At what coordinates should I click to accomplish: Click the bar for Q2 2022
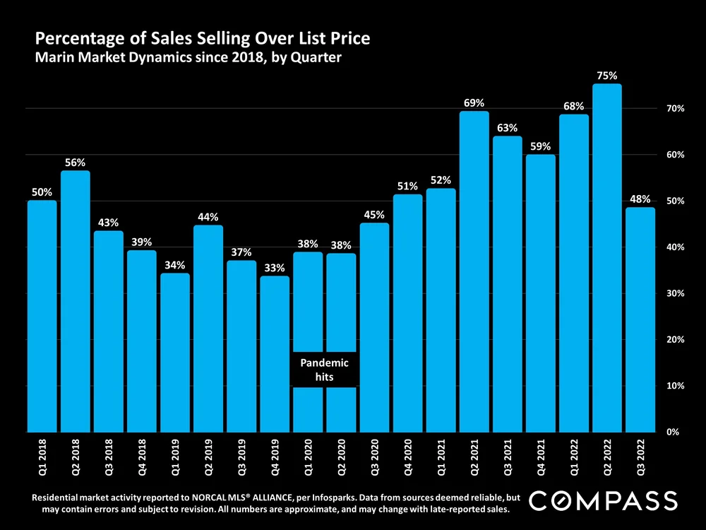point(606,258)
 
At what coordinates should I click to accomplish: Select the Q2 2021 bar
point(474,272)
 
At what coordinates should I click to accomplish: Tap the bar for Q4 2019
point(275,353)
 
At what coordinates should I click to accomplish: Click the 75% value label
point(606,74)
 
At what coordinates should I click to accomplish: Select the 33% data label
point(275,268)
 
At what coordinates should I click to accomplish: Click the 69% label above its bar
point(474,102)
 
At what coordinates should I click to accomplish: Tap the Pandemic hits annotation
point(325,370)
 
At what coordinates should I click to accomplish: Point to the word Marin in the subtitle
point(54,58)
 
